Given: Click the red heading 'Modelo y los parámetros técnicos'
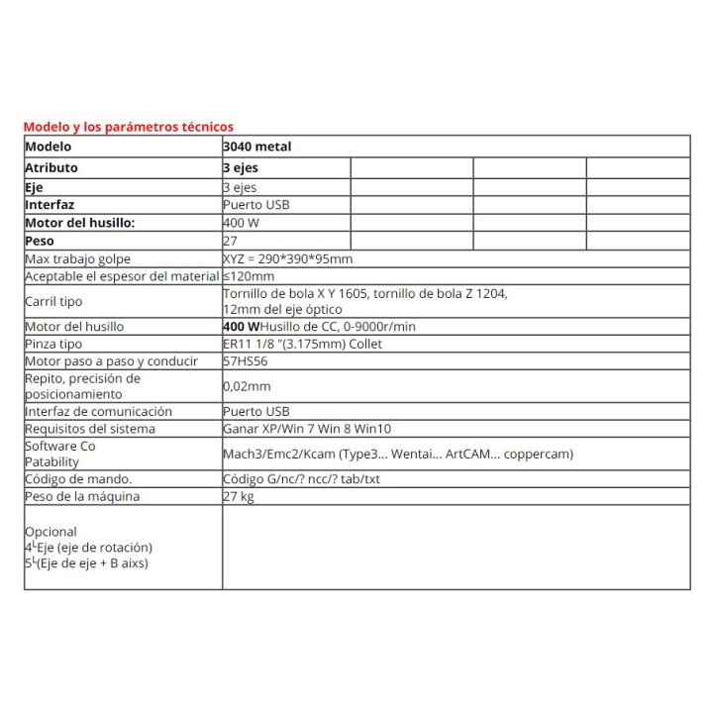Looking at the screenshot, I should pos(128,127).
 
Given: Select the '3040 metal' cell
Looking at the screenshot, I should pos(257,147).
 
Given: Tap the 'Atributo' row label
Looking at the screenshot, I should pos(51,167).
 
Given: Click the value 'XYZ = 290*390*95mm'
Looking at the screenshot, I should pos(288,258).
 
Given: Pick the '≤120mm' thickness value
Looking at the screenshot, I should pos(249,275).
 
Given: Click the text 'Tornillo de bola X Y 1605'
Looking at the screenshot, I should pos(297,294).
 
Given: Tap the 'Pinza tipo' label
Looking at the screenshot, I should pos(55,344).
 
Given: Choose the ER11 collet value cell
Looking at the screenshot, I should pos(303,344).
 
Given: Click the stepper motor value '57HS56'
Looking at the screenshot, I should pos(247,361).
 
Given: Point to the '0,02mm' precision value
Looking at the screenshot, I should pos(248,386).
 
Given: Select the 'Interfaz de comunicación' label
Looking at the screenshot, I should pos(98,411).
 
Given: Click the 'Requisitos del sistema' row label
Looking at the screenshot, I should pos(90,429).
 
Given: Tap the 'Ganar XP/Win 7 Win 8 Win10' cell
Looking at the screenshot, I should pos(307,429).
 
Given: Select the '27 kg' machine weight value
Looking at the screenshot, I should pos(240,496).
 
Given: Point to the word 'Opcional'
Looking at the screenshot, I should pos(51,532).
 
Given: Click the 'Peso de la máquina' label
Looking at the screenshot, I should pos(82,496).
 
